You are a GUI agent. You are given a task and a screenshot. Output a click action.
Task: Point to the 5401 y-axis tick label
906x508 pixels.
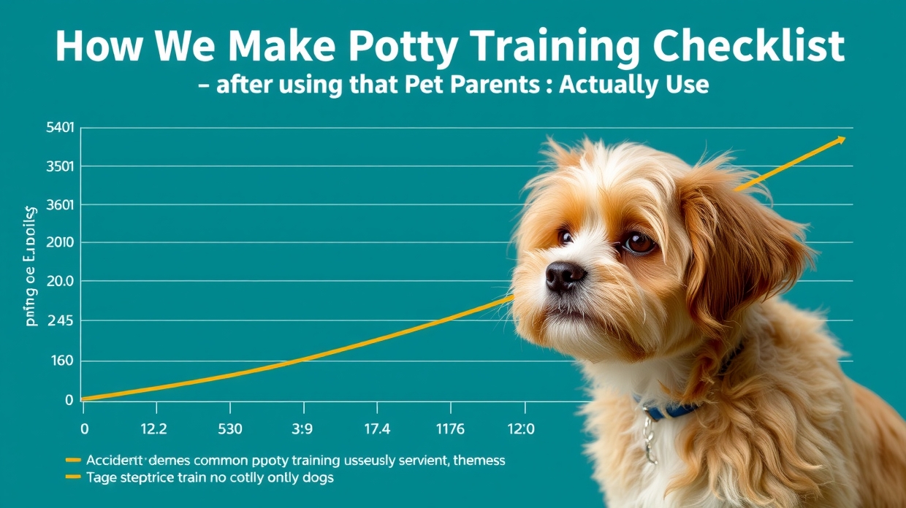point(60,128)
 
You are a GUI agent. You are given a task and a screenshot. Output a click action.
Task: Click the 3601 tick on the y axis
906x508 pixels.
point(60,205)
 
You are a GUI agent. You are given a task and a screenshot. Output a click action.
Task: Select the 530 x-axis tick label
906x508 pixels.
point(229,429)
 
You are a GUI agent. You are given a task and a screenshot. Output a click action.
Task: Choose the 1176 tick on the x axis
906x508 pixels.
point(449,429)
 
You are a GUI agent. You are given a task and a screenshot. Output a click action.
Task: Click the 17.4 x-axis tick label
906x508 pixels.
point(376,429)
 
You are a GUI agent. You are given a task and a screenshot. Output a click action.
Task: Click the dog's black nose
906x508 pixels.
point(565,275)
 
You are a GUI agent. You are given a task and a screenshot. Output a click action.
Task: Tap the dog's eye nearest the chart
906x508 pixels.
point(566,237)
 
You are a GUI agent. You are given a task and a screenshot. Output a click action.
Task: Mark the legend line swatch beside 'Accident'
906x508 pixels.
point(72,461)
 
